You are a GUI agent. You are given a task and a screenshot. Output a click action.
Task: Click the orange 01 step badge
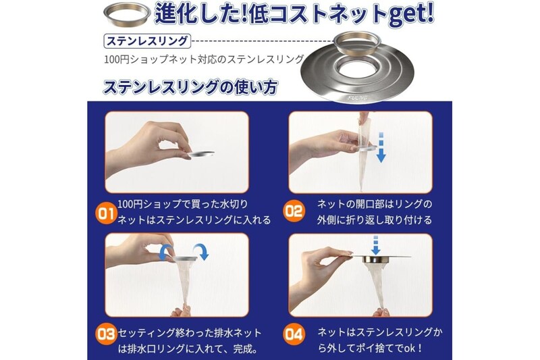click(x=106, y=213)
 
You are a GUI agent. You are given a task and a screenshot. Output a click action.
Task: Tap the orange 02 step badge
click(x=294, y=211)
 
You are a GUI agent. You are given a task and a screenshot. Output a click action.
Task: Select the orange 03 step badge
click(x=106, y=334)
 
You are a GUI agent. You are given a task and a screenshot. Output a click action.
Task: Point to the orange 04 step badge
click(x=294, y=334)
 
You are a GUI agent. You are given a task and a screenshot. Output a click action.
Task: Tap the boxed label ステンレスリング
click(x=146, y=41)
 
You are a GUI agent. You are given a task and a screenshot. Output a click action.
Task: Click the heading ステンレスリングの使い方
click(x=190, y=87)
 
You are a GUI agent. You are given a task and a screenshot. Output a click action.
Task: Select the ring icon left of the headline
click(x=127, y=13)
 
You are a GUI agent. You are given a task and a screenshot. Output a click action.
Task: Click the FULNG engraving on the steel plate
click(x=358, y=98)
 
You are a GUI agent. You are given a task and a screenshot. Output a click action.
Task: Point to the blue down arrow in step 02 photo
click(x=381, y=147)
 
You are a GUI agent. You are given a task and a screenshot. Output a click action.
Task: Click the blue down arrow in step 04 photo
click(x=375, y=245)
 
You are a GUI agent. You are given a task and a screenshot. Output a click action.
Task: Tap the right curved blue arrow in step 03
click(x=201, y=251)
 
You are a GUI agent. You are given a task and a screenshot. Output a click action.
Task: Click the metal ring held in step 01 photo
click(x=201, y=154)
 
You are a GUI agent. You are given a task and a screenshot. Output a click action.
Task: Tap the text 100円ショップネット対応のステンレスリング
click(x=204, y=59)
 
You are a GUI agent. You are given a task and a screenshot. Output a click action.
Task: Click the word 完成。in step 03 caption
click(x=245, y=349)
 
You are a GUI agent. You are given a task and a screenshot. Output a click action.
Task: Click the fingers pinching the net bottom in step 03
click(x=181, y=311)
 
